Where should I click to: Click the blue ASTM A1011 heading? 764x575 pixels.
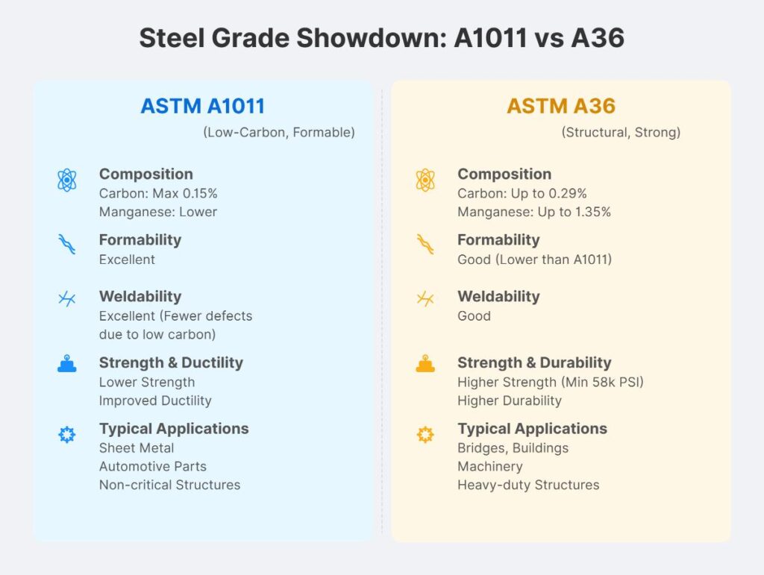[203, 106]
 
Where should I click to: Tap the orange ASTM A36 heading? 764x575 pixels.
[561, 106]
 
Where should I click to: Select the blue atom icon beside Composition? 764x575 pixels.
[67, 180]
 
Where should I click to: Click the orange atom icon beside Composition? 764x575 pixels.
[425, 180]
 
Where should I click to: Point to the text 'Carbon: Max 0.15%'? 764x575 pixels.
[158, 193]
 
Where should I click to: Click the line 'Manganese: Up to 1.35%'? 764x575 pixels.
[534, 212]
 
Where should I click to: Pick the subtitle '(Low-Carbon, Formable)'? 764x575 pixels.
[279, 133]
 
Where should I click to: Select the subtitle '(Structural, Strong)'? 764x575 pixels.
[621, 133]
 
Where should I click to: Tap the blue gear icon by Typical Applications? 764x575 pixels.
[67, 435]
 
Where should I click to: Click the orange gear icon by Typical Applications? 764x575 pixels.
[425, 435]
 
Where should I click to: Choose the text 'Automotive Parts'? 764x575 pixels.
[153, 466]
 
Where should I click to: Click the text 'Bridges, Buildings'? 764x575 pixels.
[513, 448]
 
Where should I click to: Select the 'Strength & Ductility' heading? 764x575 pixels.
[171, 363]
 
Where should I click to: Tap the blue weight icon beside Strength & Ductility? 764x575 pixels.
[67, 365]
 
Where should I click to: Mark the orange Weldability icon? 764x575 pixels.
[425, 299]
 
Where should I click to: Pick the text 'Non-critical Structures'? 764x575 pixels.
[170, 485]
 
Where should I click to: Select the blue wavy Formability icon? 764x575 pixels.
[67, 244]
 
